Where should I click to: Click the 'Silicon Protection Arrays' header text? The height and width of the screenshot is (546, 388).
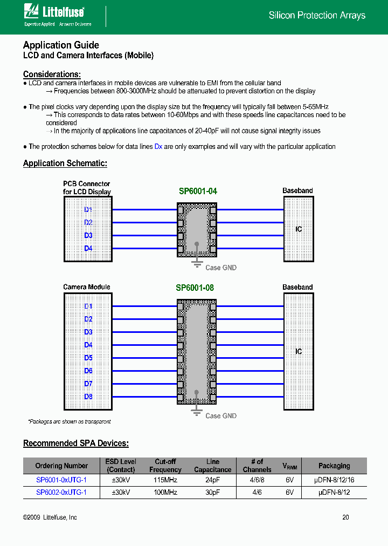click(x=317, y=16)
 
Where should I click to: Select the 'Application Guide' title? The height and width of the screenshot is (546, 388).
click(x=61, y=45)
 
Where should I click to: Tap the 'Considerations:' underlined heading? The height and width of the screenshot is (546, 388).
click(x=52, y=74)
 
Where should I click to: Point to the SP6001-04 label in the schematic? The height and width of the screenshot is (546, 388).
click(x=198, y=191)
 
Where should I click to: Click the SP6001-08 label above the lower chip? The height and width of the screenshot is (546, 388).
click(x=195, y=288)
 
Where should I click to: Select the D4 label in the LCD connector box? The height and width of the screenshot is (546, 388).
click(x=88, y=249)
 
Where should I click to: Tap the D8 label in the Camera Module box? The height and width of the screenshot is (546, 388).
click(x=88, y=397)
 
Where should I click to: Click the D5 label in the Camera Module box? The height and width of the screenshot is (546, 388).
click(x=88, y=358)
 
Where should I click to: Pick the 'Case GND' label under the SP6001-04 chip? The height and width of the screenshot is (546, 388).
click(x=220, y=268)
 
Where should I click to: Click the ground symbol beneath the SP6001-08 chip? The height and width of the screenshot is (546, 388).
click(x=197, y=412)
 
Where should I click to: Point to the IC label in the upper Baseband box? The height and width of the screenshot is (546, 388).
click(x=299, y=229)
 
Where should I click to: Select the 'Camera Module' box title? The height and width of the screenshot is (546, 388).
click(x=87, y=287)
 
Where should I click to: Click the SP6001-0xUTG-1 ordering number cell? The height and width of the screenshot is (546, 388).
click(x=61, y=480)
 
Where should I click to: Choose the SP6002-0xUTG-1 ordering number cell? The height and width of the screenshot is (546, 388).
click(x=61, y=492)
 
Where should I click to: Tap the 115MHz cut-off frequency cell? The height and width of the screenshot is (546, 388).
click(x=165, y=480)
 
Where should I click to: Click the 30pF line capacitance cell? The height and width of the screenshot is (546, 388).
click(x=213, y=492)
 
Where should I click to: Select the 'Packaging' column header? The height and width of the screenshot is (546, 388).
click(x=334, y=466)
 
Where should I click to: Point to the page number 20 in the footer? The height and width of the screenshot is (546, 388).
click(x=345, y=517)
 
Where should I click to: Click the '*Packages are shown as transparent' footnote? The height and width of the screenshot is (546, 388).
click(x=70, y=421)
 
